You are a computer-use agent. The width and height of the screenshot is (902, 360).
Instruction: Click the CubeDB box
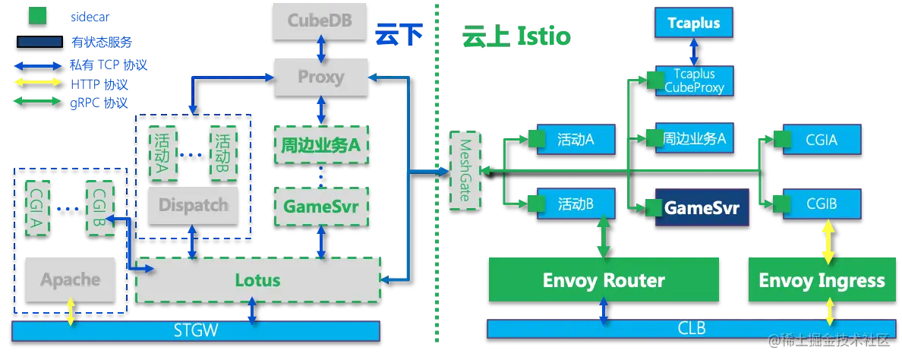click(x=320, y=22)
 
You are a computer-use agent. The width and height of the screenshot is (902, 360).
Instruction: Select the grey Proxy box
click(x=320, y=77)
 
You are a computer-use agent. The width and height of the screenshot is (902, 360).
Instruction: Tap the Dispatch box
click(x=193, y=205)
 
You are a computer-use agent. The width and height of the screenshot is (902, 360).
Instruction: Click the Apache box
click(x=70, y=280)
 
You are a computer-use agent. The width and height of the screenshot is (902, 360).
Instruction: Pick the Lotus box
click(x=257, y=280)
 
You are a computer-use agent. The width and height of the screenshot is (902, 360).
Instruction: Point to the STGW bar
click(x=196, y=331)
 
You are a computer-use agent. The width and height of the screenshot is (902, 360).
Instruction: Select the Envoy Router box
click(x=604, y=280)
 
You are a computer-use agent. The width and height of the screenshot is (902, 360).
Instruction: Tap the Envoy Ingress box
click(x=822, y=280)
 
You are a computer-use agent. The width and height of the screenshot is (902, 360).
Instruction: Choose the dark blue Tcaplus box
click(x=694, y=23)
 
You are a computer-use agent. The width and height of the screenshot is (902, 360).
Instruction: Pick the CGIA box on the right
click(x=822, y=139)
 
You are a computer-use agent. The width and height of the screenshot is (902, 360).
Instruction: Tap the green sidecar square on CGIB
click(x=781, y=204)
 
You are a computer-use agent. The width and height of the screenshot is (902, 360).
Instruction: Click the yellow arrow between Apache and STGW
click(x=71, y=311)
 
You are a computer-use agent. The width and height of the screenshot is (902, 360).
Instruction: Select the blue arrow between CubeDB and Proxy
click(x=321, y=49)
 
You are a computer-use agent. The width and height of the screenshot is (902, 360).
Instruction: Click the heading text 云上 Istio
click(x=516, y=36)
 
